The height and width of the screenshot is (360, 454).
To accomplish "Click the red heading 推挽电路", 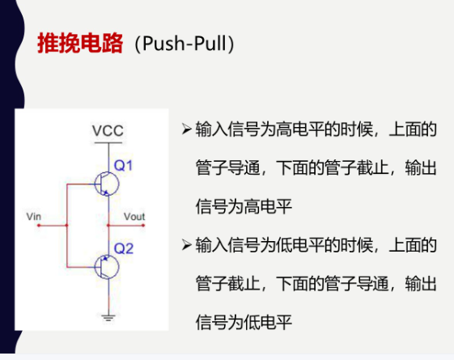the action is tap(80, 43).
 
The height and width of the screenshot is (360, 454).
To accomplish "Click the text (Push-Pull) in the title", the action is tap(185, 44).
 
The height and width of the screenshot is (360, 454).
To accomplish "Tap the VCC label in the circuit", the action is tap(108, 131).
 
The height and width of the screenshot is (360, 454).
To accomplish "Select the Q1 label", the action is tap(123, 166).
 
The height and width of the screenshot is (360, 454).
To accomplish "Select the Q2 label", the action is tap(124, 248).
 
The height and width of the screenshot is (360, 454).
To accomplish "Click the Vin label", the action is tap(34, 217).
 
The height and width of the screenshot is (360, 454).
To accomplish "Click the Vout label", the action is tap(134, 217).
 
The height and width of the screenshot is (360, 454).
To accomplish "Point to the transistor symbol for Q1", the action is tap(107, 184).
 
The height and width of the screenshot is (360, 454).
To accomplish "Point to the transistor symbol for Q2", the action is tap(107, 267).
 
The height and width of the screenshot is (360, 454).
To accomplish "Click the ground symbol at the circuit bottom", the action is tap(108, 318).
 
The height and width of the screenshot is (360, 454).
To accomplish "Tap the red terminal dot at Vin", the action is tap(39, 225).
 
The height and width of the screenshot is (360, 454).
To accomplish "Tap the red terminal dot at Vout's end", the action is tap(143, 225).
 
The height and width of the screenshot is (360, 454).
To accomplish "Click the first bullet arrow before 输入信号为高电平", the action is tap(187, 129).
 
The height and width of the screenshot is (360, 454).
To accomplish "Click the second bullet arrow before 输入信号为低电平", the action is tap(187, 245).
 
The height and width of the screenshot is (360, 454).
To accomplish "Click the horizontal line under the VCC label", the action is tap(108, 142).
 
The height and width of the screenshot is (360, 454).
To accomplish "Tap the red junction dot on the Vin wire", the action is tap(67, 225).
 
